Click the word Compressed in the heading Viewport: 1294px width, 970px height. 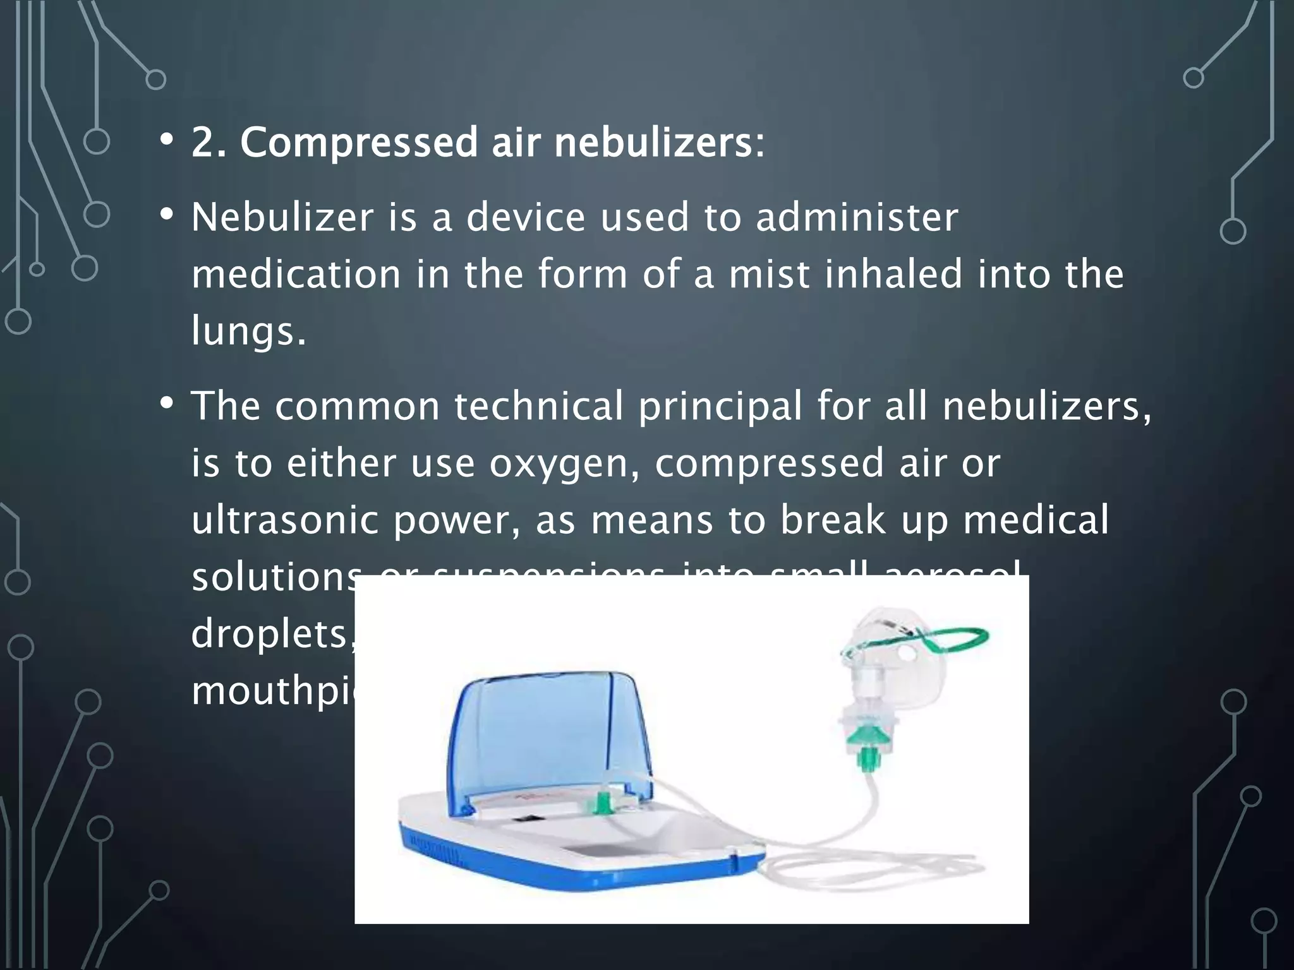(359, 143)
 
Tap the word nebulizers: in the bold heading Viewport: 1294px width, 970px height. (659, 143)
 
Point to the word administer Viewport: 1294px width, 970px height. (857, 217)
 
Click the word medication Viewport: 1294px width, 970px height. (296, 274)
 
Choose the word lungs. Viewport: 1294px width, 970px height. (249, 332)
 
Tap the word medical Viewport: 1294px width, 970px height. (1036, 520)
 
